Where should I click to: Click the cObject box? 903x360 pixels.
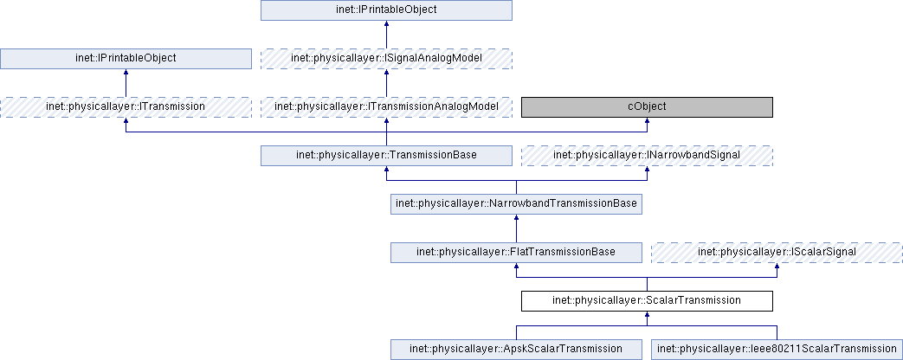point(646,106)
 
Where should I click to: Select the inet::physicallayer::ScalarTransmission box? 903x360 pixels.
point(646,300)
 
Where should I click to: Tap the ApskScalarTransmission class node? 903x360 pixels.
point(516,349)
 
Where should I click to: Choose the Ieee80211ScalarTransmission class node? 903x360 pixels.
point(776,349)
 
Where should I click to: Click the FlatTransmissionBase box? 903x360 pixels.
point(516,252)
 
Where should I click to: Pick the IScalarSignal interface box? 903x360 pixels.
point(776,252)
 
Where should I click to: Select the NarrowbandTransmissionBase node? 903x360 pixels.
point(516,203)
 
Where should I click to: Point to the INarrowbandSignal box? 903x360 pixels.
point(646,155)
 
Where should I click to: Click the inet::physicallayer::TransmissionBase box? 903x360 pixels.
point(386,155)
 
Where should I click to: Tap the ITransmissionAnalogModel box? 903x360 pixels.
point(386,106)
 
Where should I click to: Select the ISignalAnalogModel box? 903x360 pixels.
point(386,58)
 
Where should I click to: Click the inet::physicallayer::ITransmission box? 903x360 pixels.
point(126,106)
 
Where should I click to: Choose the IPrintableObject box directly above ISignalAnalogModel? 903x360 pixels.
point(386,10)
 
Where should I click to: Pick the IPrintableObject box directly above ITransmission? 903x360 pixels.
point(126,58)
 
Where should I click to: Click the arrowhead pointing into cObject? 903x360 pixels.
point(646,122)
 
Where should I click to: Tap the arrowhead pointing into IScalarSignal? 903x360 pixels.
point(776,267)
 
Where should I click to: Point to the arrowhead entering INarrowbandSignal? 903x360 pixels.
point(646,170)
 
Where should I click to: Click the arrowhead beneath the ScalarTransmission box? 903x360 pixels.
point(646,316)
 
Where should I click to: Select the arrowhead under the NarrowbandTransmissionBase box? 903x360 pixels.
point(516,219)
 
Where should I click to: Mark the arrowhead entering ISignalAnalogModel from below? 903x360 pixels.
point(386,74)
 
